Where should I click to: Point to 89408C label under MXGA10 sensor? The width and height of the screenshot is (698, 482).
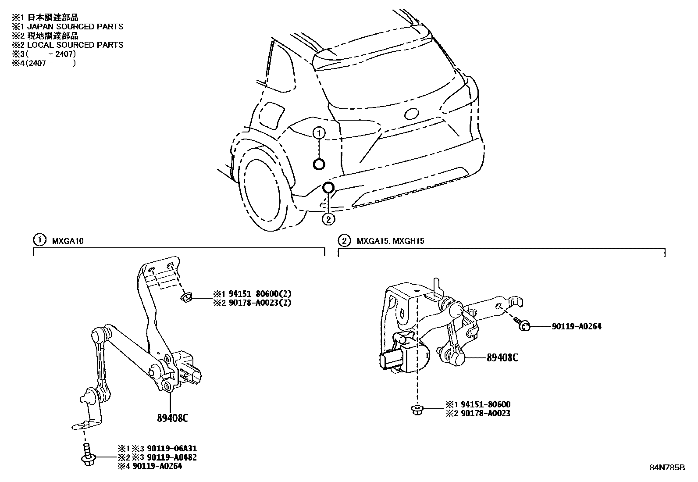point(172,418)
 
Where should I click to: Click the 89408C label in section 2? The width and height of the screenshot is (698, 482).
point(502,358)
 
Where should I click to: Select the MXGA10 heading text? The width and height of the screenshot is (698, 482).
point(68,241)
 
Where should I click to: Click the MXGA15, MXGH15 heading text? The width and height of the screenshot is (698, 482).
point(390,241)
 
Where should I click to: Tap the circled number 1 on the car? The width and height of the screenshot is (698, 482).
point(319,133)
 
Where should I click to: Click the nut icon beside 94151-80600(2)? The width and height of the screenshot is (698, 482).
point(186,298)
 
